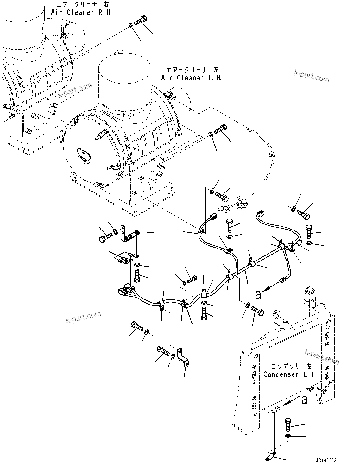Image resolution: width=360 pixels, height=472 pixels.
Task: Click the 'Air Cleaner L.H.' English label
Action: [192, 78]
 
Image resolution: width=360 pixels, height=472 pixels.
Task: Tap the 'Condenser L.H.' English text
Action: [290, 374]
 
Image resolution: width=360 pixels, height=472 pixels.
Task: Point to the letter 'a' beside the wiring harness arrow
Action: [258, 294]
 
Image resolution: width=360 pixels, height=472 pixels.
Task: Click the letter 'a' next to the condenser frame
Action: [304, 400]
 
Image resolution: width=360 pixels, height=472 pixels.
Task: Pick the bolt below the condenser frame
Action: [288, 424]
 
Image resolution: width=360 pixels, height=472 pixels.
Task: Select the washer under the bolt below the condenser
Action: [287, 437]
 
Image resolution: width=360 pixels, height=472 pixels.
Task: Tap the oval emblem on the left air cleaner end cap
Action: [84, 155]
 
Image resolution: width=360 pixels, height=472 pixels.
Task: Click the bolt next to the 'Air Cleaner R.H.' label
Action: [141, 20]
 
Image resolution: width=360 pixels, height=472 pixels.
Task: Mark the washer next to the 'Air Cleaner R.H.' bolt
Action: [130, 25]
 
